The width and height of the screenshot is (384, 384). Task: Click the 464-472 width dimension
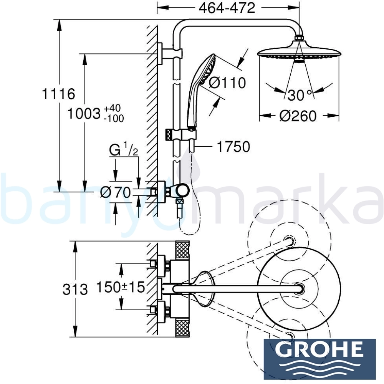pos(227,8)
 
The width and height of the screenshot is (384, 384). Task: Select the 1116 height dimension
pos(58,94)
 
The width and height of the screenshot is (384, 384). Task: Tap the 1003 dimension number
pos(84,114)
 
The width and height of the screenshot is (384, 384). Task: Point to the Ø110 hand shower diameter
pos(227,83)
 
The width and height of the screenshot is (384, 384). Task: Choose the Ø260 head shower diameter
pos(298,116)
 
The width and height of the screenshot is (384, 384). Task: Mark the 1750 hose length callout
pos(233,146)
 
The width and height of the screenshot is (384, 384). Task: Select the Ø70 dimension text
pos(115,192)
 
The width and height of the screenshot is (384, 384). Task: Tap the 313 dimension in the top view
pos(75,289)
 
